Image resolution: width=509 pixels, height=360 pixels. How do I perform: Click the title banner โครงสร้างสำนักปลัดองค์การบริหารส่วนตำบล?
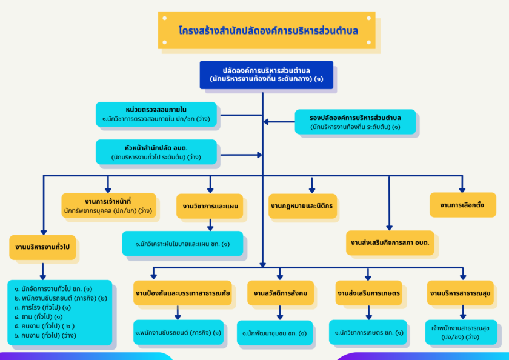click(267, 30)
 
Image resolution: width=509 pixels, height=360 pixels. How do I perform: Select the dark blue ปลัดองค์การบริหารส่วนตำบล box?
click(267, 75)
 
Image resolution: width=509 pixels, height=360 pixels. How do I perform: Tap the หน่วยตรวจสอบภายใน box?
click(156, 114)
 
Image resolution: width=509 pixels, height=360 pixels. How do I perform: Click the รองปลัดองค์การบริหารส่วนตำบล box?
click(355, 121)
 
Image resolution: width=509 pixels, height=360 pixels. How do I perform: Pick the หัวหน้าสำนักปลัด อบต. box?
click(156, 152)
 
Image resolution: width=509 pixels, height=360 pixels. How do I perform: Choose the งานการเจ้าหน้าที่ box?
click(108, 205)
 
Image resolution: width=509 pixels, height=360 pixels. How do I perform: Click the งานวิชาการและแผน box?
click(210, 206)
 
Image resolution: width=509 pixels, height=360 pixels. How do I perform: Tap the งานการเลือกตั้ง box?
click(463, 205)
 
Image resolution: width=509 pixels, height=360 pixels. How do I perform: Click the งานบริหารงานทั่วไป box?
click(42, 247)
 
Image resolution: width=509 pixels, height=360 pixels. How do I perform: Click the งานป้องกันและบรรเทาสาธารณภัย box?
click(182, 293)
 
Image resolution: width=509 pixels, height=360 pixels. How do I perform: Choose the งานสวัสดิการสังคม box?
click(281, 293)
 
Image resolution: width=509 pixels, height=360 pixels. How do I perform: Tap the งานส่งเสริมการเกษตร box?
click(369, 293)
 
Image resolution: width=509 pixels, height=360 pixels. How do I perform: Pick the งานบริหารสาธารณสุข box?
click(462, 293)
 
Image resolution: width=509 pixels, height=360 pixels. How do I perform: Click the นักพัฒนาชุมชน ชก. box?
click(274, 333)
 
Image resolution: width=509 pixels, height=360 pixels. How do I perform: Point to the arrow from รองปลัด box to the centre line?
click(279, 122)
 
